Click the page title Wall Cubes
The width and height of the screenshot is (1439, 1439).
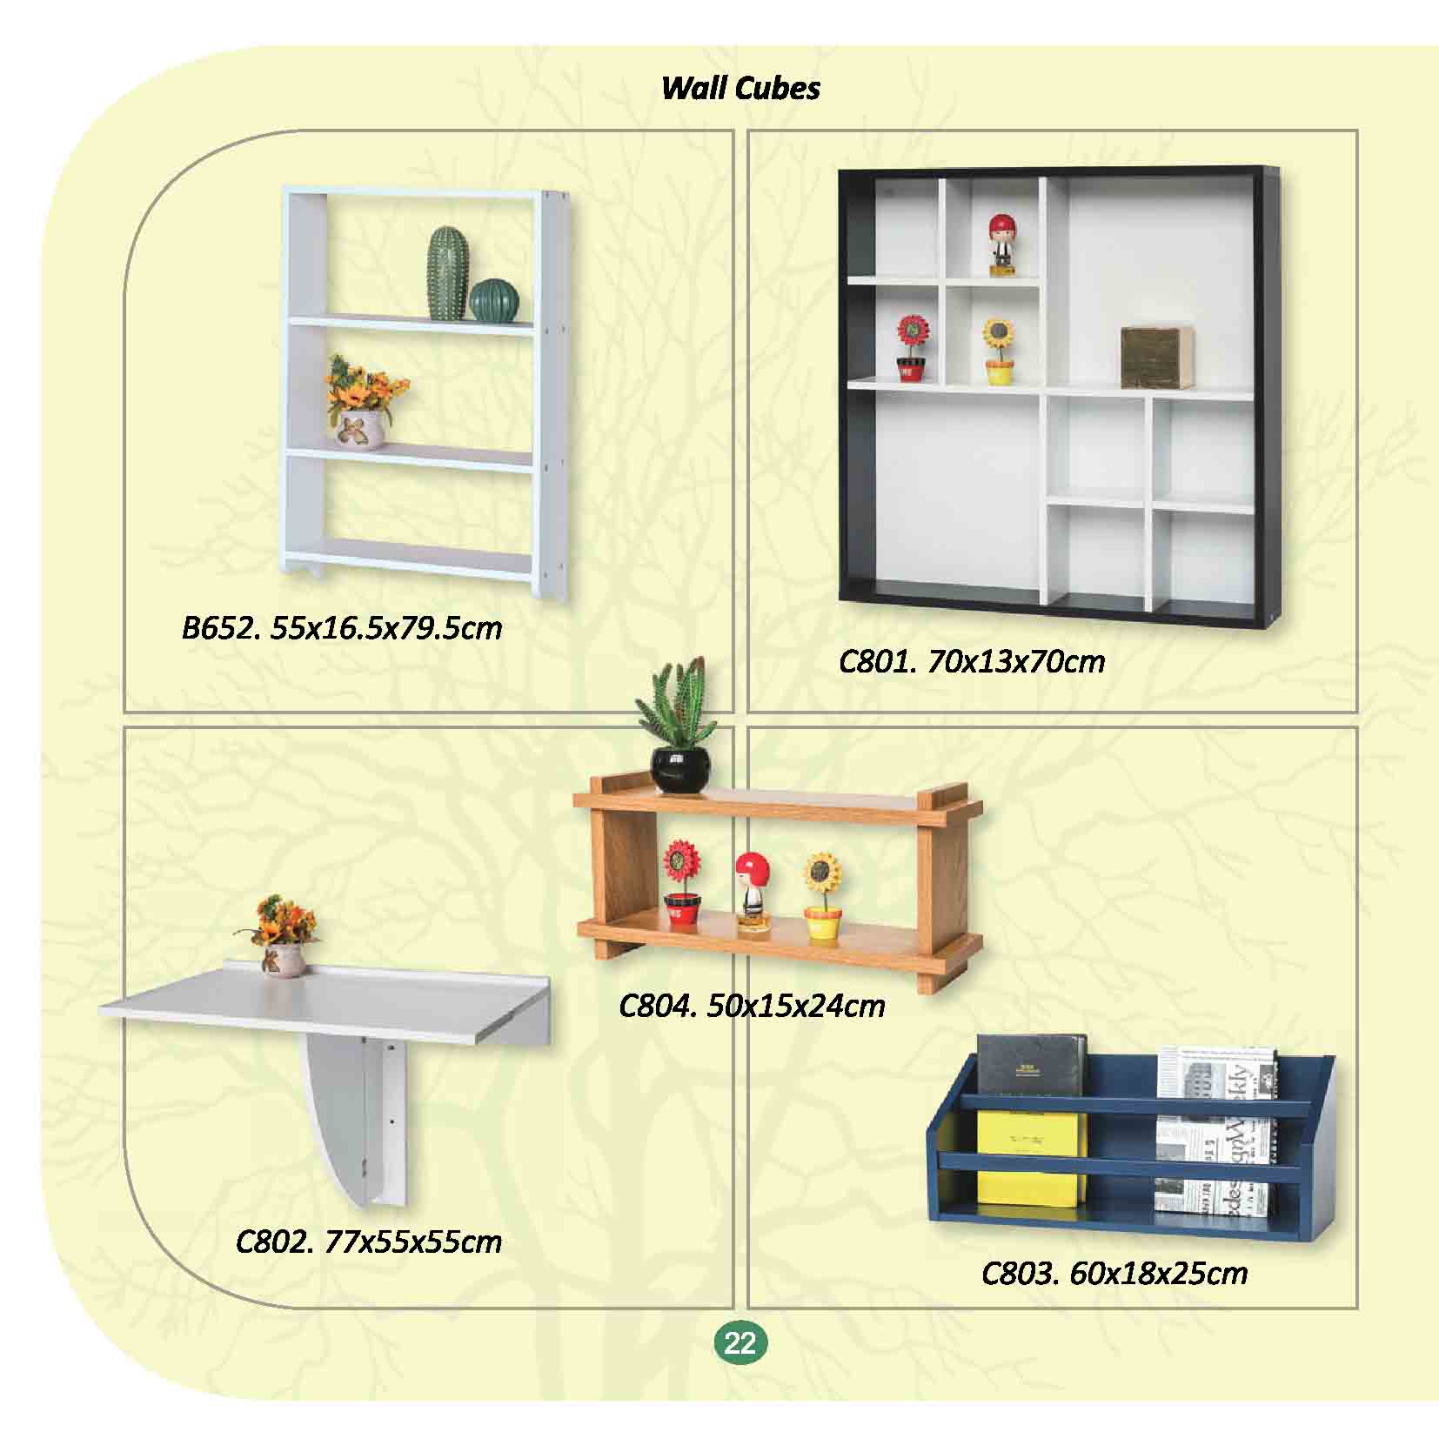click(740, 88)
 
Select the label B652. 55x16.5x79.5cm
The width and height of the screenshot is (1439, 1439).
click(342, 628)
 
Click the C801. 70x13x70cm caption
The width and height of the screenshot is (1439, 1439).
click(972, 663)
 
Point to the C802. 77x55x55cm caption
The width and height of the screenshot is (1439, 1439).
click(369, 1242)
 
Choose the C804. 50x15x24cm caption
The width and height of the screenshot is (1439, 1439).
click(752, 1007)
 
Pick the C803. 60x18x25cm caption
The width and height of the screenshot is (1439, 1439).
click(1114, 1275)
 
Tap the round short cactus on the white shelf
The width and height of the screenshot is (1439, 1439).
click(495, 300)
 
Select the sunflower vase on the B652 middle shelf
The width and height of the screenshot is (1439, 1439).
click(365, 402)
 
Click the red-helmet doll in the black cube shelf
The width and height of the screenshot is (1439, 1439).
click(1003, 245)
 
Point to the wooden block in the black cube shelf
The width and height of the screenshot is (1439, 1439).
click(1155, 358)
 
